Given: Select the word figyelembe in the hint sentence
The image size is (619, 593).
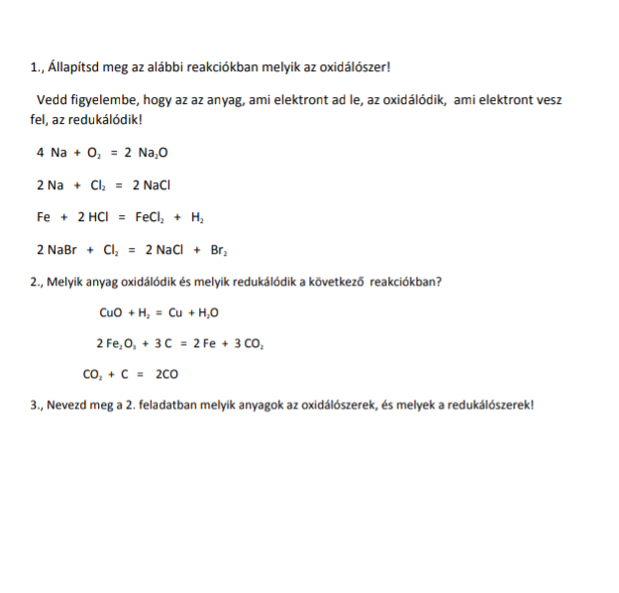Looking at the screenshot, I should (111, 100).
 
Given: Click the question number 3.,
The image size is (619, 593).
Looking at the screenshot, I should (38, 406).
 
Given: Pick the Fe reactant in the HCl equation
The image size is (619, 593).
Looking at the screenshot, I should (43, 217).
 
